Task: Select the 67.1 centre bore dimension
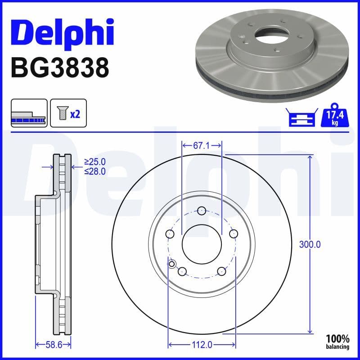pyautogui.click(x=201, y=145)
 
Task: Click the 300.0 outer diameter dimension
pyautogui.click(x=310, y=245)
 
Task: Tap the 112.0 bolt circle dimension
pyautogui.click(x=202, y=345)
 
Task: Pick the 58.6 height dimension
pyautogui.click(x=53, y=345)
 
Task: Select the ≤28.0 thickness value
pyautogui.click(x=94, y=171)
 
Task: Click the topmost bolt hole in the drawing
pyautogui.click(x=202, y=211)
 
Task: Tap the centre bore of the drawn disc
pyautogui.click(x=202, y=245)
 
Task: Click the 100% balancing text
pyautogui.click(x=337, y=342)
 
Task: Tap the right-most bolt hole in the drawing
pyautogui.click(x=233, y=234)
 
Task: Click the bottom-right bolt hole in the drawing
pyautogui.click(x=221, y=271)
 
